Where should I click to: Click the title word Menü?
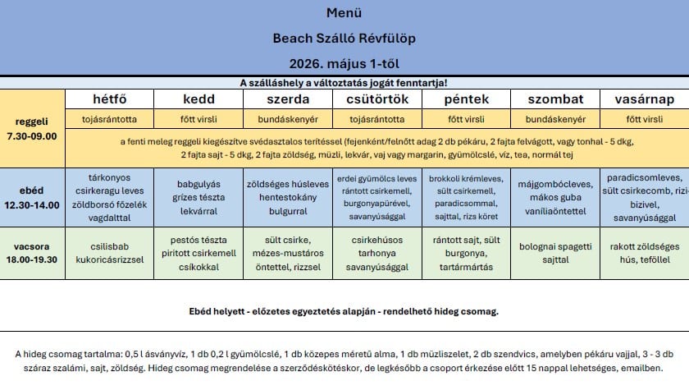pos(344,13)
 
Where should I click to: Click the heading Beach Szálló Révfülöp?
pos(344,38)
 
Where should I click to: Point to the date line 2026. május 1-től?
pos(344,62)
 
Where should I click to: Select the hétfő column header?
pos(109,99)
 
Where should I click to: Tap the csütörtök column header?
pos(378,99)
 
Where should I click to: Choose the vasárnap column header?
pos(645,99)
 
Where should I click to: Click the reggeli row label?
pos(32,121)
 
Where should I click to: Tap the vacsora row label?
pos(32,245)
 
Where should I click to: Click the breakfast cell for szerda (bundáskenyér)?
pos(288,119)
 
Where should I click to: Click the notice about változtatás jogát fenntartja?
pos(344,83)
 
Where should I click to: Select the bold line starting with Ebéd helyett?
pos(344,312)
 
